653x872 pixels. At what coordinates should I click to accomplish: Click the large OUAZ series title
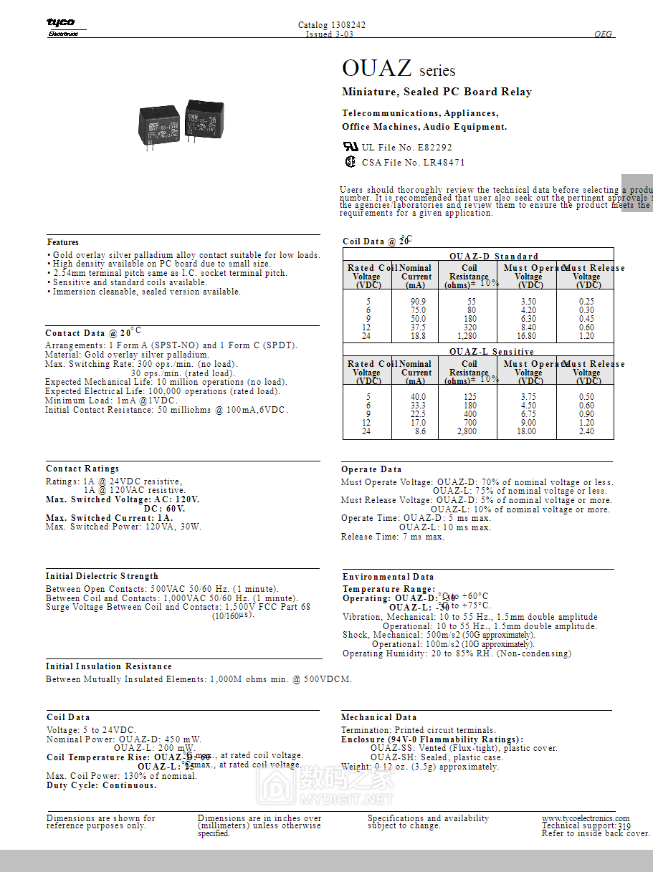tap(398, 69)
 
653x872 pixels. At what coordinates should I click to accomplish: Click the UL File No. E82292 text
tap(406, 148)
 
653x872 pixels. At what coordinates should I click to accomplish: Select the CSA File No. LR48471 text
tap(413, 163)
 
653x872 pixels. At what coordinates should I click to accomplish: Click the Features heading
tap(63, 242)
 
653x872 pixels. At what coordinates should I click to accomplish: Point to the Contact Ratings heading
tap(82, 469)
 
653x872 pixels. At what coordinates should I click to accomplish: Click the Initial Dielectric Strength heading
tap(102, 576)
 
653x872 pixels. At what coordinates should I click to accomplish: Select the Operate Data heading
tap(371, 469)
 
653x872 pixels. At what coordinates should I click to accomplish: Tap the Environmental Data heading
tap(388, 577)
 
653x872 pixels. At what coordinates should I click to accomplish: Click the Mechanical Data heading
tap(378, 717)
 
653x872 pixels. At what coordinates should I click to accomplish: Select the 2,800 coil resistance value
tap(467, 432)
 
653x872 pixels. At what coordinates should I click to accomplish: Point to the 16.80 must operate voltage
tap(528, 336)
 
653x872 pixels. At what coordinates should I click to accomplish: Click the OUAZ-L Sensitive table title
tap(492, 352)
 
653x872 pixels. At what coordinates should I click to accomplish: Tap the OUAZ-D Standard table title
tap(494, 256)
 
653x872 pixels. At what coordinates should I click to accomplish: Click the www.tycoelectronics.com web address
tap(585, 818)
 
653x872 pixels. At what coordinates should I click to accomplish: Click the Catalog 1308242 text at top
tap(332, 25)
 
